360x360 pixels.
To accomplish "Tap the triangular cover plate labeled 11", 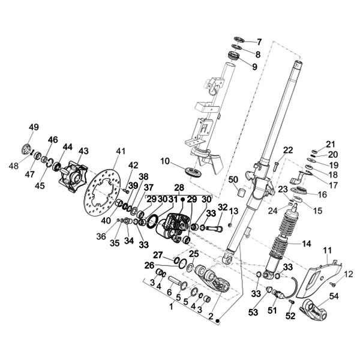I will click(x=317, y=275).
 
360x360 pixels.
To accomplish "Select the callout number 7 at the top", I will click(x=259, y=42).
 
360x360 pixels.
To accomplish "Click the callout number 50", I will click(x=233, y=179).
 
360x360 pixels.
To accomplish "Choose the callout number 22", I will click(x=287, y=150).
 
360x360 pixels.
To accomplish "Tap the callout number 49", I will click(x=34, y=127).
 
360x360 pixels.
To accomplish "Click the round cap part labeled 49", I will click(x=27, y=149).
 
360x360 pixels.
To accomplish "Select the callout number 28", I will click(x=179, y=188).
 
